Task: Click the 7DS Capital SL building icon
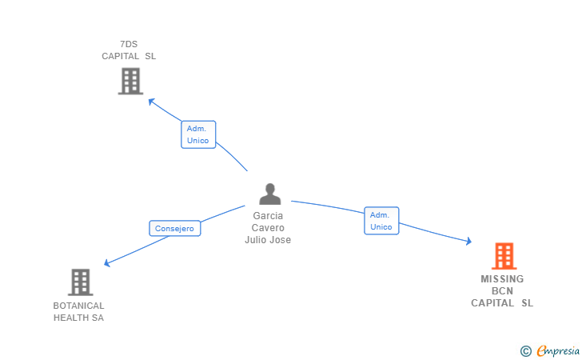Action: click(x=130, y=81)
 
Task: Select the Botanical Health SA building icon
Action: click(x=80, y=282)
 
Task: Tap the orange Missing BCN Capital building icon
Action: click(x=503, y=256)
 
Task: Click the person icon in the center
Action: click(x=270, y=194)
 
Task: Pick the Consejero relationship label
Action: click(x=174, y=228)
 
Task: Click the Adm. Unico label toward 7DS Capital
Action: click(x=197, y=134)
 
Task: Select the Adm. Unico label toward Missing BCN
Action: click(x=381, y=221)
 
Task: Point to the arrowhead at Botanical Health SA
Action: click(x=107, y=263)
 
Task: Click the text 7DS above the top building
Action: click(x=129, y=44)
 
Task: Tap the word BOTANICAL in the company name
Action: click(x=78, y=306)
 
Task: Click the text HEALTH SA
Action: click(x=78, y=318)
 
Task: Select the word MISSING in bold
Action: click(x=502, y=279)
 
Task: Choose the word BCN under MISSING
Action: click(x=502, y=291)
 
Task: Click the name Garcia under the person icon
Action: click(x=268, y=216)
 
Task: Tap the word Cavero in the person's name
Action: click(x=268, y=228)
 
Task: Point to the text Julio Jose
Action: click(x=268, y=240)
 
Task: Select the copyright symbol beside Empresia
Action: click(x=525, y=350)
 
